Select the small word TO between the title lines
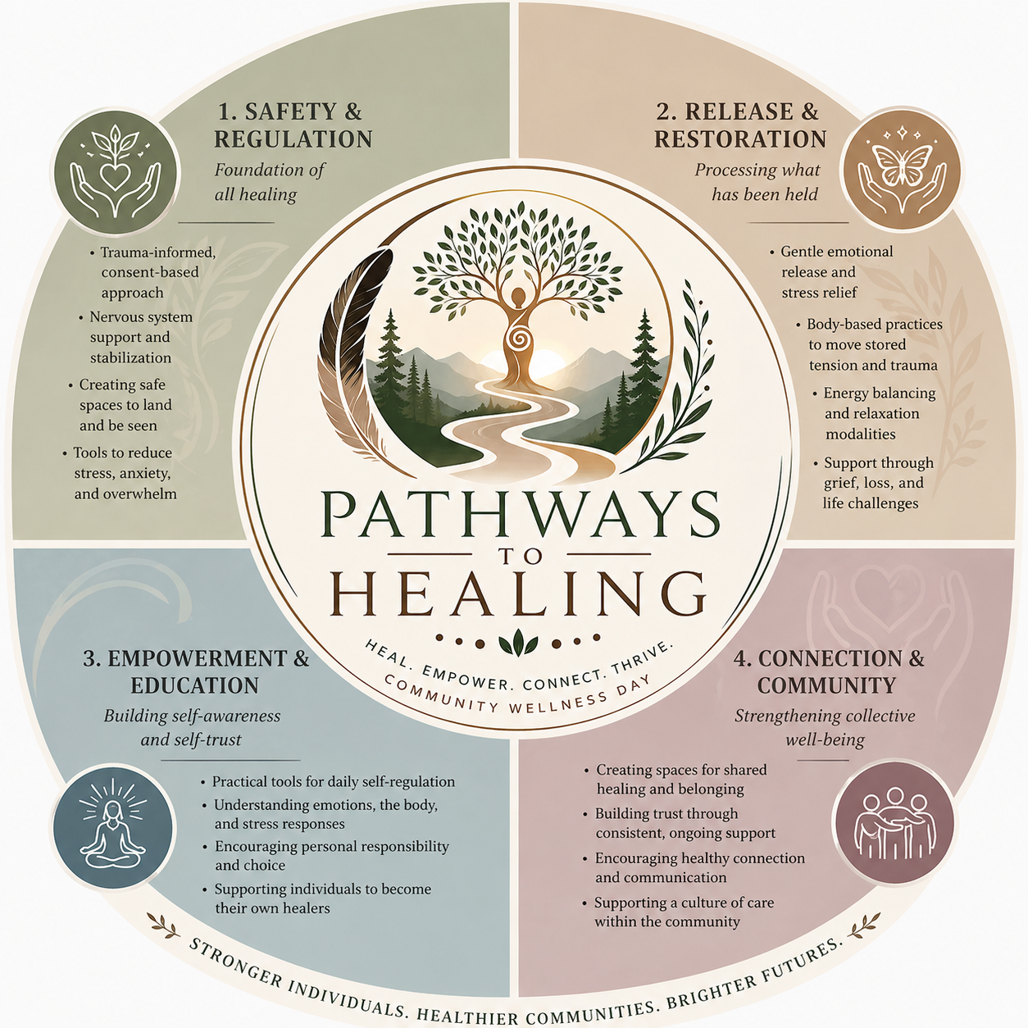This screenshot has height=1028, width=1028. coord(519,556)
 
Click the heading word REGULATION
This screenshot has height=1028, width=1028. coord(293,139)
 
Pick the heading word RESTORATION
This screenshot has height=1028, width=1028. coord(740,139)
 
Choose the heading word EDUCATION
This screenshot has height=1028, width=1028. coord(195,685)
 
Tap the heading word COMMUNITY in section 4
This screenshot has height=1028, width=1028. coord(826,685)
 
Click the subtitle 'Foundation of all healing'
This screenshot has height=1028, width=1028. coord(270,182)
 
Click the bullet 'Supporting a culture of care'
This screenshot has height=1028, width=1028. coord(684,903)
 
